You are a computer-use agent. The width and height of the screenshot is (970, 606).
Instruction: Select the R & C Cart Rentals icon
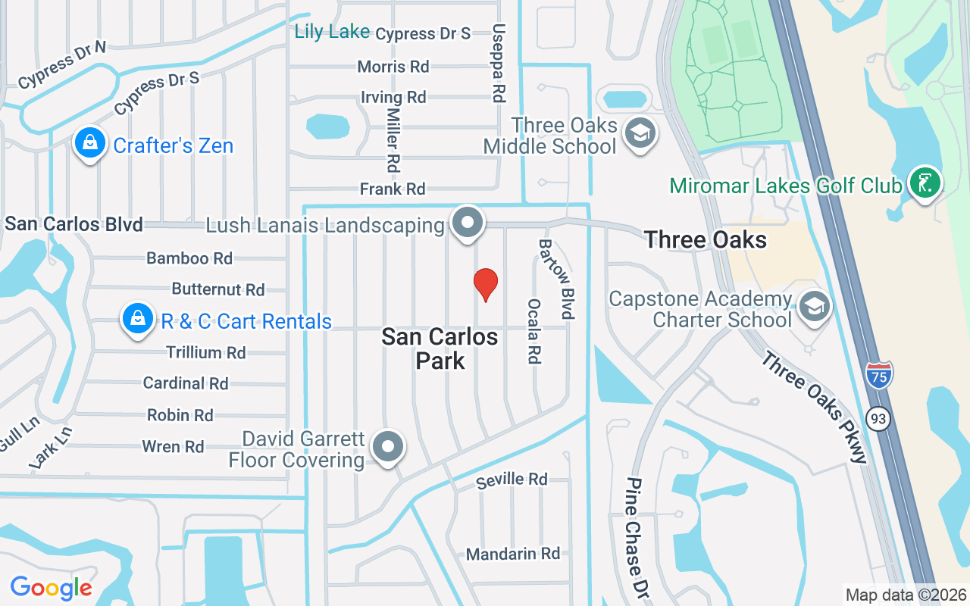tap(137, 319)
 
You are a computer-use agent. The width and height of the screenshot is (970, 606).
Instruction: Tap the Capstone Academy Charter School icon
tap(815, 306)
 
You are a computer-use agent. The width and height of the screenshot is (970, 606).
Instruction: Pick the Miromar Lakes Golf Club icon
tap(925, 183)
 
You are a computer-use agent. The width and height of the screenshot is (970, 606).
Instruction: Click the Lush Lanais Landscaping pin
tap(468, 223)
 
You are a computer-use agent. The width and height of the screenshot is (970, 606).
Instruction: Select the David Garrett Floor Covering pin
tap(389, 447)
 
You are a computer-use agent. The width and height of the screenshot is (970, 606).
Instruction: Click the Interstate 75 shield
tap(878, 373)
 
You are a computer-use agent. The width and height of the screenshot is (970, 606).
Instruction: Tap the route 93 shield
tap(878, 418)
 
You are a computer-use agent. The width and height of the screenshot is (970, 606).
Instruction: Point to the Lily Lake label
tap(332, 32)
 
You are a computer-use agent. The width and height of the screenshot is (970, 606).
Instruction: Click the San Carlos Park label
tap(440, 348)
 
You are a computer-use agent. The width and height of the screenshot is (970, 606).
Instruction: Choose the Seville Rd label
tap(512, 479)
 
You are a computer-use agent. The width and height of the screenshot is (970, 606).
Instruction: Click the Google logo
tap(51, 587)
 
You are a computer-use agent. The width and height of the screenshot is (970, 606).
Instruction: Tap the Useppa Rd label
tap(498, 63)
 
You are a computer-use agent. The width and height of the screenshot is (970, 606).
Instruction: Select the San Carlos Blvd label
tap(74, 224)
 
